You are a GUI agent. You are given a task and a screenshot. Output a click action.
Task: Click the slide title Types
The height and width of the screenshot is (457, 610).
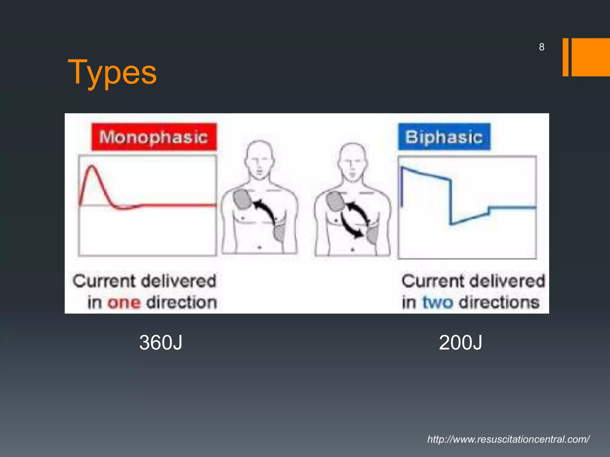(x=112, y=72)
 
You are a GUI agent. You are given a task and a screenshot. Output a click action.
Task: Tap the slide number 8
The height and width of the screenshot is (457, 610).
(x=541, y=47)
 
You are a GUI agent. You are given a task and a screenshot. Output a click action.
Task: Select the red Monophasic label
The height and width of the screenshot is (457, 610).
(x=154, y=137)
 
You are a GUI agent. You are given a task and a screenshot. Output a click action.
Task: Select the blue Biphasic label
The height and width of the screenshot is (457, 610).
(x=444, y=137)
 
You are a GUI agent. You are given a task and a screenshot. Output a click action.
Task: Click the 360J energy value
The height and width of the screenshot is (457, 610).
(x=161, y=343)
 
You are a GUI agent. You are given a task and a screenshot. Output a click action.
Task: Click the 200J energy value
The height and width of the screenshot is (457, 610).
(x=460, y=343)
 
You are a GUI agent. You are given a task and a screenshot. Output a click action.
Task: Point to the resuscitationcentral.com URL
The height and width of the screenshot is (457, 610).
(x=508, y=439)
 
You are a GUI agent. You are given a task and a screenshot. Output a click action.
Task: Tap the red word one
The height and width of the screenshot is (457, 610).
(x=124, y=303)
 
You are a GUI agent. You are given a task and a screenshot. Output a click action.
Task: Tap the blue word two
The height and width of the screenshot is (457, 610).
(x=438, y=303)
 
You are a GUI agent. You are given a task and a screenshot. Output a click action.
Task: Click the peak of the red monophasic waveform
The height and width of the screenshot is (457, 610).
(x=92, y=166)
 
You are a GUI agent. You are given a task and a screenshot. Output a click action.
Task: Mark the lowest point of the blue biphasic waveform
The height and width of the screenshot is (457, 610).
(x=452, y=223)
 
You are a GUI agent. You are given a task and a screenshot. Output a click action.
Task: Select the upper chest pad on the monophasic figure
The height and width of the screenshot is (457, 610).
(x=243, y=199)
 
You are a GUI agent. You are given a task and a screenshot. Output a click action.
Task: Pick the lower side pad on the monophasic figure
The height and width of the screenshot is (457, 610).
(x=279, y=233)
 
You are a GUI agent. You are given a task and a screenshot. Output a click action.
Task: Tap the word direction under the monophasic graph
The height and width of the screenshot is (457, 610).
(x=182, y=303)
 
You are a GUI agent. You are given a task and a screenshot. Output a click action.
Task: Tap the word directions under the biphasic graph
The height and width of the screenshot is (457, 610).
(x=499, y=303)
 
